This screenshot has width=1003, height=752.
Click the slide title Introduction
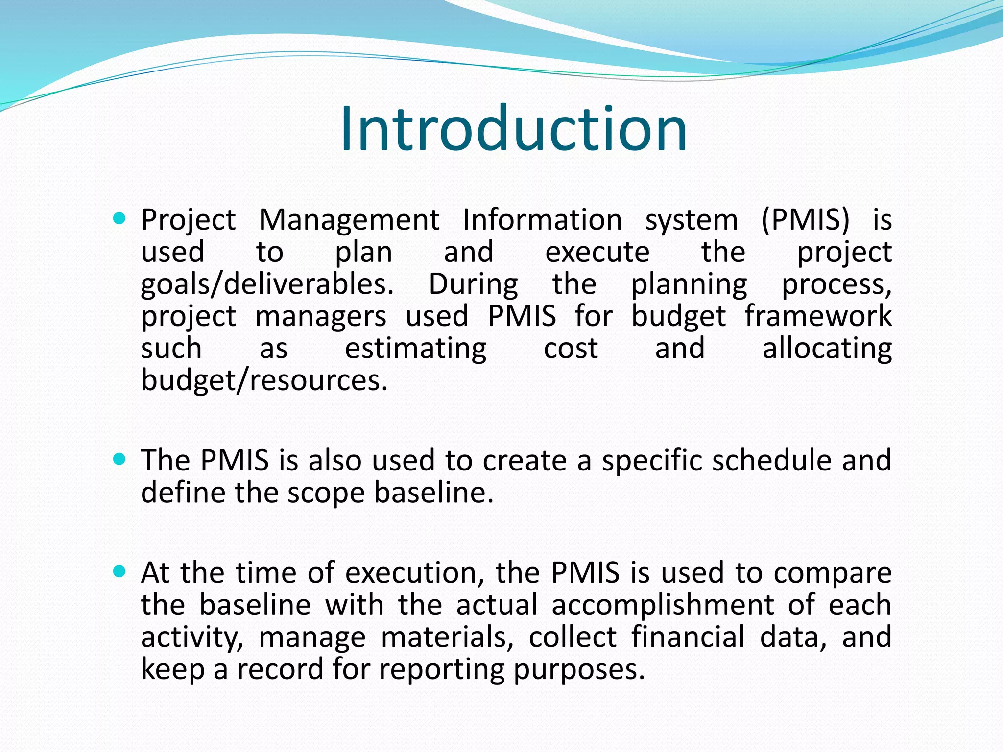point(513,129)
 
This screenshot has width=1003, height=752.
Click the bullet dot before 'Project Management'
point(119,218)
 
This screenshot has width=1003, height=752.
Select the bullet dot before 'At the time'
point(119,571)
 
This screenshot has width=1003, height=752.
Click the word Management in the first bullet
point(349,220)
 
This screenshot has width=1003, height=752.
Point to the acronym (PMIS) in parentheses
point(805,220)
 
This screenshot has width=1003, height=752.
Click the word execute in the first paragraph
point(597,252)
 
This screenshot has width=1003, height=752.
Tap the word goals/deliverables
point(267,284)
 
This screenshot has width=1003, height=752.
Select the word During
point(473,284)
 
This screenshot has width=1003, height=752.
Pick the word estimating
point(415,349)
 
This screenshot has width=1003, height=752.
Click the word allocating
point(827,349)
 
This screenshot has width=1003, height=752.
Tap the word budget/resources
point(264,381)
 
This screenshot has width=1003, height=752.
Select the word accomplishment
point(663,605)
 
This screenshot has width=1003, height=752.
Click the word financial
point(688,637)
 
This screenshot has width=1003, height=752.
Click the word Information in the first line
point(542,220)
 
